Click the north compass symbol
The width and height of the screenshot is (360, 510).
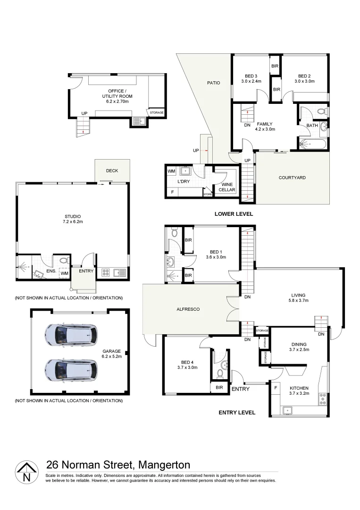[26, 473]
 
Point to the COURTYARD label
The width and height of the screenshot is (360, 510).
[292, 178]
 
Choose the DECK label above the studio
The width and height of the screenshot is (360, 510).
[112, 171]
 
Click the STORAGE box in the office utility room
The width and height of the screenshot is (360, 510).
[157, 113]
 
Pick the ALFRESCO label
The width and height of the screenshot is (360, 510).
[188, 309]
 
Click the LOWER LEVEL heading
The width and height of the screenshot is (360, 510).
[234, 214]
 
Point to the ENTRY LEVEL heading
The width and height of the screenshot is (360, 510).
[237, 412]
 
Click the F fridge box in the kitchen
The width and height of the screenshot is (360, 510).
[275, 388]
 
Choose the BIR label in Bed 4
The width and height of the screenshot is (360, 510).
[219, 387]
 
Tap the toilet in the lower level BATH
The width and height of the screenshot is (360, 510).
[322, 111]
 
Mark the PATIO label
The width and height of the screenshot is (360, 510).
[214, 83]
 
